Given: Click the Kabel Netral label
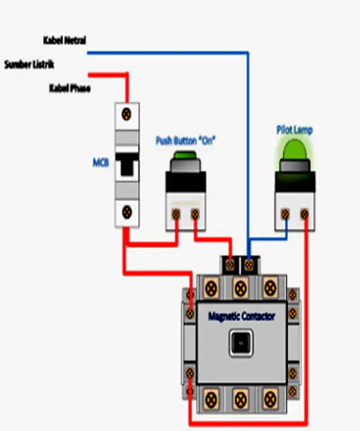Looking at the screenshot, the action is coord(65,40).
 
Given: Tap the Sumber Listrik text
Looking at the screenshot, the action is coord(29,65).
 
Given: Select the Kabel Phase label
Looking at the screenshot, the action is coord(70,88).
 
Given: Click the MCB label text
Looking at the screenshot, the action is coord(101,162).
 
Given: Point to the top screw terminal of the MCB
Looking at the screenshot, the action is coord(126,114).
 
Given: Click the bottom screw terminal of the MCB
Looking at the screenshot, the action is coord(127,212).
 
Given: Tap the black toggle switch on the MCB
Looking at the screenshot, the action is coord(127,165).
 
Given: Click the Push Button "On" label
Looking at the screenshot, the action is coord(186,140).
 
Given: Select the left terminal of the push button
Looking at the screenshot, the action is coord(176,214).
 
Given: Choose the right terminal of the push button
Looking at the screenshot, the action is coord(195,214).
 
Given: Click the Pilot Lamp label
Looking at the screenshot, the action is coord(295,130).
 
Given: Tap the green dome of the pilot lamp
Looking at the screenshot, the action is coord(295,150).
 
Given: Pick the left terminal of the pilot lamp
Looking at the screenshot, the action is coord(285,214).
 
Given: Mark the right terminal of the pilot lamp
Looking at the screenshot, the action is coord(304,214).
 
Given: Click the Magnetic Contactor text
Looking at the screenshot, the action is coord(241,316).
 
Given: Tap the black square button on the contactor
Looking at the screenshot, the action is coord(241,343).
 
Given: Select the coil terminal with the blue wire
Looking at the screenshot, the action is coord(249,265).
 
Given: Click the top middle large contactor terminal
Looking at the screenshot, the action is coord(240,289).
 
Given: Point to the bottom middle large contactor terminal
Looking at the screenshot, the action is coord(240,399).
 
